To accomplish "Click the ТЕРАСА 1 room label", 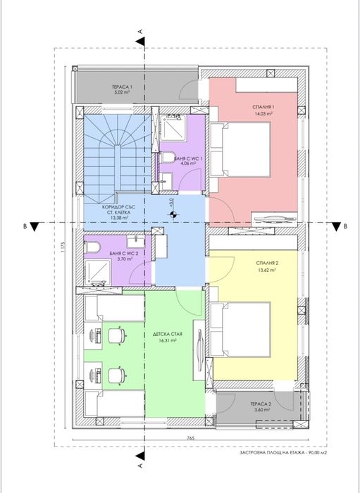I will tap(121, 86).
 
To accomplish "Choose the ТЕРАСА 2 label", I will tap(259, 404).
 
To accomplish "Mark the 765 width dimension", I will tap(190, 437).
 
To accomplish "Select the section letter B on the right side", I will tap(345, 226).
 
